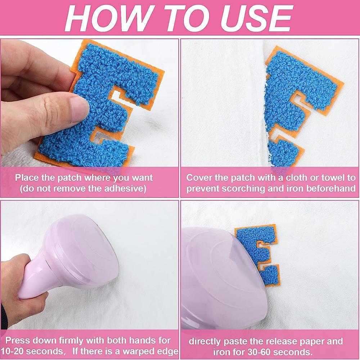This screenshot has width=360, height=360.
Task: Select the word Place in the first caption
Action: pyautogui.click(x=28, y=177)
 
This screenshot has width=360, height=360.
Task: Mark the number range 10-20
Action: pyautogui.click(x=18, y=351)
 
